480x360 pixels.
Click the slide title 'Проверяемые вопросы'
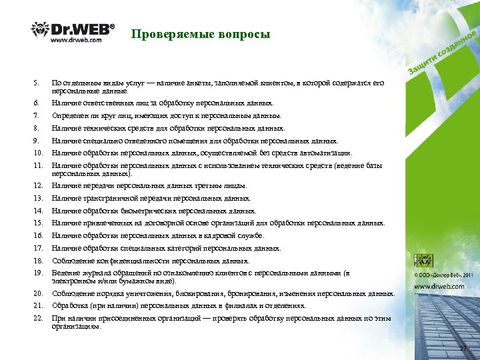[x=201, y=34]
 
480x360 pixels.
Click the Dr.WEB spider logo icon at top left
[x=40, y=30]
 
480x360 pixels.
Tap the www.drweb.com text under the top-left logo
[x=76, y=40]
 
